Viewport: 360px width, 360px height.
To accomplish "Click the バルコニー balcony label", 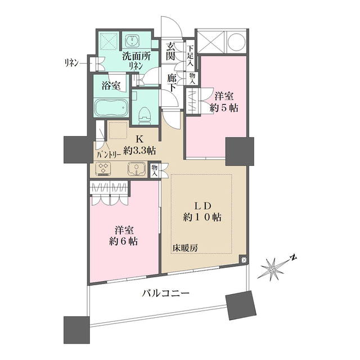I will point(165,292).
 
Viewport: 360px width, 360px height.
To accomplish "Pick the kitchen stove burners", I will point(105,168).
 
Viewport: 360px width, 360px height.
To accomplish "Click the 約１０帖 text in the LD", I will point(201,217).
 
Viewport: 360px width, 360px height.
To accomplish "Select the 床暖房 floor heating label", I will point(185,247).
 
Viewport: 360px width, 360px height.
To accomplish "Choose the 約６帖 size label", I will point(124,242).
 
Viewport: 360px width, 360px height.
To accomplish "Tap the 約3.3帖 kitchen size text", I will point(136,150).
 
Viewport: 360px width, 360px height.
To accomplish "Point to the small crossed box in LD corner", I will point(242,260).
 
